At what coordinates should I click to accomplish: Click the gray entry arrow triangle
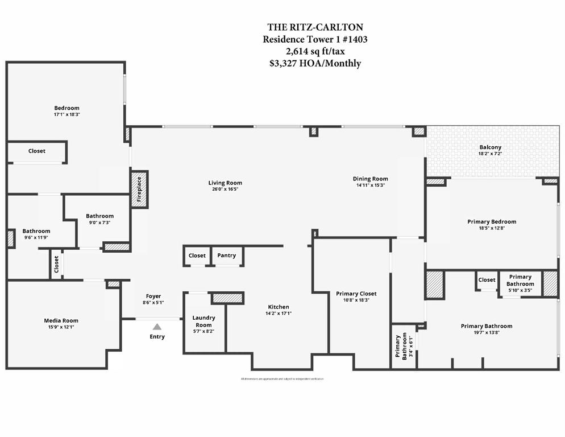157,326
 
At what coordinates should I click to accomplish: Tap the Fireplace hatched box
139,189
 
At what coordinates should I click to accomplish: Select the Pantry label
226,255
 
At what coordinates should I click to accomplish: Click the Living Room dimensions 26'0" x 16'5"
225,189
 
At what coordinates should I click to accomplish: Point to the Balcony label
490,147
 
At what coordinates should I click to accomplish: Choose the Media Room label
61,320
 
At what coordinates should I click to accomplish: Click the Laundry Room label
203,321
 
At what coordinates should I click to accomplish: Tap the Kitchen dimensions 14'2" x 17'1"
279,314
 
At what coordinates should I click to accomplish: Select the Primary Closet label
356,294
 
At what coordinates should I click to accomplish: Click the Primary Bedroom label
492,221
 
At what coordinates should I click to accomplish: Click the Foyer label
153,296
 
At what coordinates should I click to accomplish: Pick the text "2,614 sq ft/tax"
315,51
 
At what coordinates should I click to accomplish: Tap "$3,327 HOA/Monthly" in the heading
315,63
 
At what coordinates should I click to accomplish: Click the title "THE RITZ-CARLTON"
315,27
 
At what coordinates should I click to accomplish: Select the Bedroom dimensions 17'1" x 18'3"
67,114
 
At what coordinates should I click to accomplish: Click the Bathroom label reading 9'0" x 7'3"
99,222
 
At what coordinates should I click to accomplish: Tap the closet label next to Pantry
197,255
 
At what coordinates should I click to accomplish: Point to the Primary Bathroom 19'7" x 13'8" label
486,326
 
